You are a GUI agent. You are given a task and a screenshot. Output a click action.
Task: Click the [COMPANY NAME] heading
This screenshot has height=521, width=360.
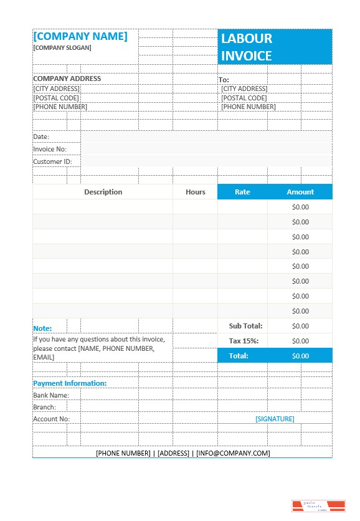pos(80,36)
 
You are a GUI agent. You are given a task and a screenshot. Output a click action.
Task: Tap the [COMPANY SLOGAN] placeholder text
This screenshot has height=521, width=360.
pos(62,48)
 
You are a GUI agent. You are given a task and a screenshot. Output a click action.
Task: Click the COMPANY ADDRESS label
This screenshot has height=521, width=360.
pos(67,79)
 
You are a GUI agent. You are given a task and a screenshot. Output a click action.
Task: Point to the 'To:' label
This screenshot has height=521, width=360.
pos(224,80)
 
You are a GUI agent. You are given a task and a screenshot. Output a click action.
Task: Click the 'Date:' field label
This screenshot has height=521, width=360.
pos(41,136)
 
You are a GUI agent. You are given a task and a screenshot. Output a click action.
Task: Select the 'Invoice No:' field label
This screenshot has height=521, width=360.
pos(49,149)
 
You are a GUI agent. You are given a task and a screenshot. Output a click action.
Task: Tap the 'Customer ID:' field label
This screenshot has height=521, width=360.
pos(52,161)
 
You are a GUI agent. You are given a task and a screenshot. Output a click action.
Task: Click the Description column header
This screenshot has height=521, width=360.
pos(103,192)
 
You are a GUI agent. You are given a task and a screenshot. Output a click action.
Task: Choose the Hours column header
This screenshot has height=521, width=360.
pos(195,192)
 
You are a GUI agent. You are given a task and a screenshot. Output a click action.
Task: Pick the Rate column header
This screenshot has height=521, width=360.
pos(242,192)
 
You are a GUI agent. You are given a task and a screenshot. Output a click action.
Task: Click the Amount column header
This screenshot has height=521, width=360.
pos(300,192)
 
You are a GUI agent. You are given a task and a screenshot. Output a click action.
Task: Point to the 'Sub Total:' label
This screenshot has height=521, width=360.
pos(245,326)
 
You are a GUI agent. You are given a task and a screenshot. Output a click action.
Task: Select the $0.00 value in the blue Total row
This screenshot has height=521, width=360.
pos(300,356)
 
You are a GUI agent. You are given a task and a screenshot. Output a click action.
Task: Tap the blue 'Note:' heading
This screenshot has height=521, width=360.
pos(42,328)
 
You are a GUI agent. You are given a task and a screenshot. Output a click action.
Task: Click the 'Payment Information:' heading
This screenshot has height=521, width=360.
pos(70,383)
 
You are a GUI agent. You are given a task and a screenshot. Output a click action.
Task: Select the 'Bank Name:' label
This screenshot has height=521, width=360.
pos(51,395)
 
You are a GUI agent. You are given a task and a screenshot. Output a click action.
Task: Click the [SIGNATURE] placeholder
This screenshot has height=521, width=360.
pos(275,419)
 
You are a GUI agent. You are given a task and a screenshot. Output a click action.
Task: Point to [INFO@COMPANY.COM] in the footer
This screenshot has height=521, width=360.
pos(233,453)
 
